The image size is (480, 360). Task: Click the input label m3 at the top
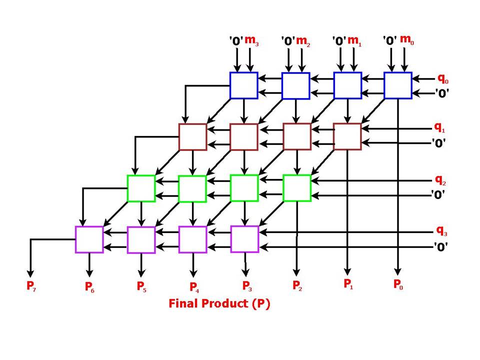[x=252, y=40]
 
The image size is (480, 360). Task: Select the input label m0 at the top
[x=407, y=39]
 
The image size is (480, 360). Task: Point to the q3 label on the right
[x=441, y=231]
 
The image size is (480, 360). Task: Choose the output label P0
[x=398, y=284]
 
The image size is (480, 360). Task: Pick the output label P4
[x=193, y=287]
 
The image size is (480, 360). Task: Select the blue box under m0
[x=398, y=85]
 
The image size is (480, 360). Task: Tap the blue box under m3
[x=243, y=85]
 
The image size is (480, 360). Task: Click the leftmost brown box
[x=192, y=136]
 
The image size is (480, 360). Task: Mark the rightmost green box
[x=296, y=188]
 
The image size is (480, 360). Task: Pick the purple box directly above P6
[x=89, y=239]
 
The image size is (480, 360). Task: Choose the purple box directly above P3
[x=244, y=239]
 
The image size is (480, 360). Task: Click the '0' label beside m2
[x=287, y=41]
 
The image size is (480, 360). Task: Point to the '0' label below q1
[x=438, y=142]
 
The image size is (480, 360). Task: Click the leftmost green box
[x=141, y=188]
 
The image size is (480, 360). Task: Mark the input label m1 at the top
[x=354, y=40]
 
